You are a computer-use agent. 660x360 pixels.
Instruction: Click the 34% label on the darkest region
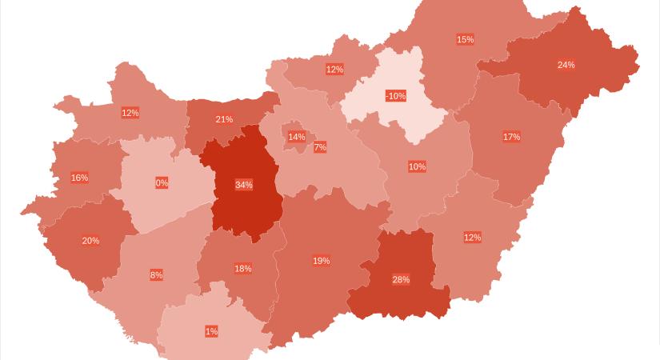[x=244, y=185]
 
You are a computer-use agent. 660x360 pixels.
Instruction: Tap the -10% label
[x=395, y=96]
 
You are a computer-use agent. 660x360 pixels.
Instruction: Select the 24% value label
[x=566, y=65]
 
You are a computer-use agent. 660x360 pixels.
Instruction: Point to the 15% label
[x=465, y=39]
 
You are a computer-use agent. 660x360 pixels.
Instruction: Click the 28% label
[x=401, y=279]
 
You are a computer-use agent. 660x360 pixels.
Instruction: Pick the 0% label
[x=162, y=183]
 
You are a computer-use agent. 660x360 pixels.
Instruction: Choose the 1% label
[x=211, y=331]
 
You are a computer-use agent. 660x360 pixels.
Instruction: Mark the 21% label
[x=224, y=120]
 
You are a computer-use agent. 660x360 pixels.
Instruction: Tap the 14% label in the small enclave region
[x=297, y=137]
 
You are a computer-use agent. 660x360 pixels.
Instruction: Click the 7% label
[x=320, y=147]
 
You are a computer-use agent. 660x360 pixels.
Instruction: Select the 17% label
[x=511, y=137]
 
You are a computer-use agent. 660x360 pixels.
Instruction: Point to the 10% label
[x=417, y=166]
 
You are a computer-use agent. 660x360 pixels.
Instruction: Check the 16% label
[x=79, y=178]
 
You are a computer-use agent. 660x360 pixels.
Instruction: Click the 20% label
[x=90, y=241]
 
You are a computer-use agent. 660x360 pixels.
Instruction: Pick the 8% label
[x=156, y=275]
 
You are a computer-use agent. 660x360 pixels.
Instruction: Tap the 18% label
[x=243, y=269]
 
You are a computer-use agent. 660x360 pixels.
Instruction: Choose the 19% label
[x=321, y=261]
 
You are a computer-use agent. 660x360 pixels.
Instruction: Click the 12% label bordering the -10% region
[x=334, y=70]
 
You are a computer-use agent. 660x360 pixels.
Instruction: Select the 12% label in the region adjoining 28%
[x=472, y=238]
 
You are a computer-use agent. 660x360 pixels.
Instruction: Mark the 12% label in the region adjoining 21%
[x=130, y=113]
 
